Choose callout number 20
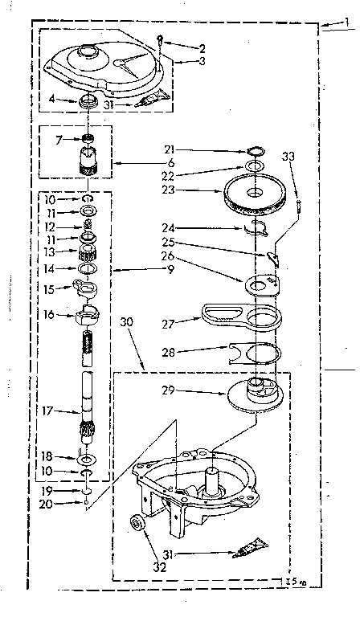tap(48, 505)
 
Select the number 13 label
tap(49, 251)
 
